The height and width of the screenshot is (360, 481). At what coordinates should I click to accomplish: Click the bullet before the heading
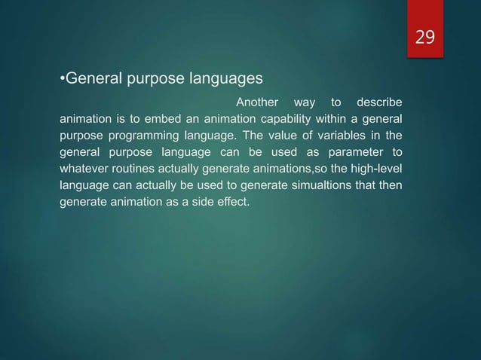62,78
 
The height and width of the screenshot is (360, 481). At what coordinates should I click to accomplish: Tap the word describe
379,102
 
